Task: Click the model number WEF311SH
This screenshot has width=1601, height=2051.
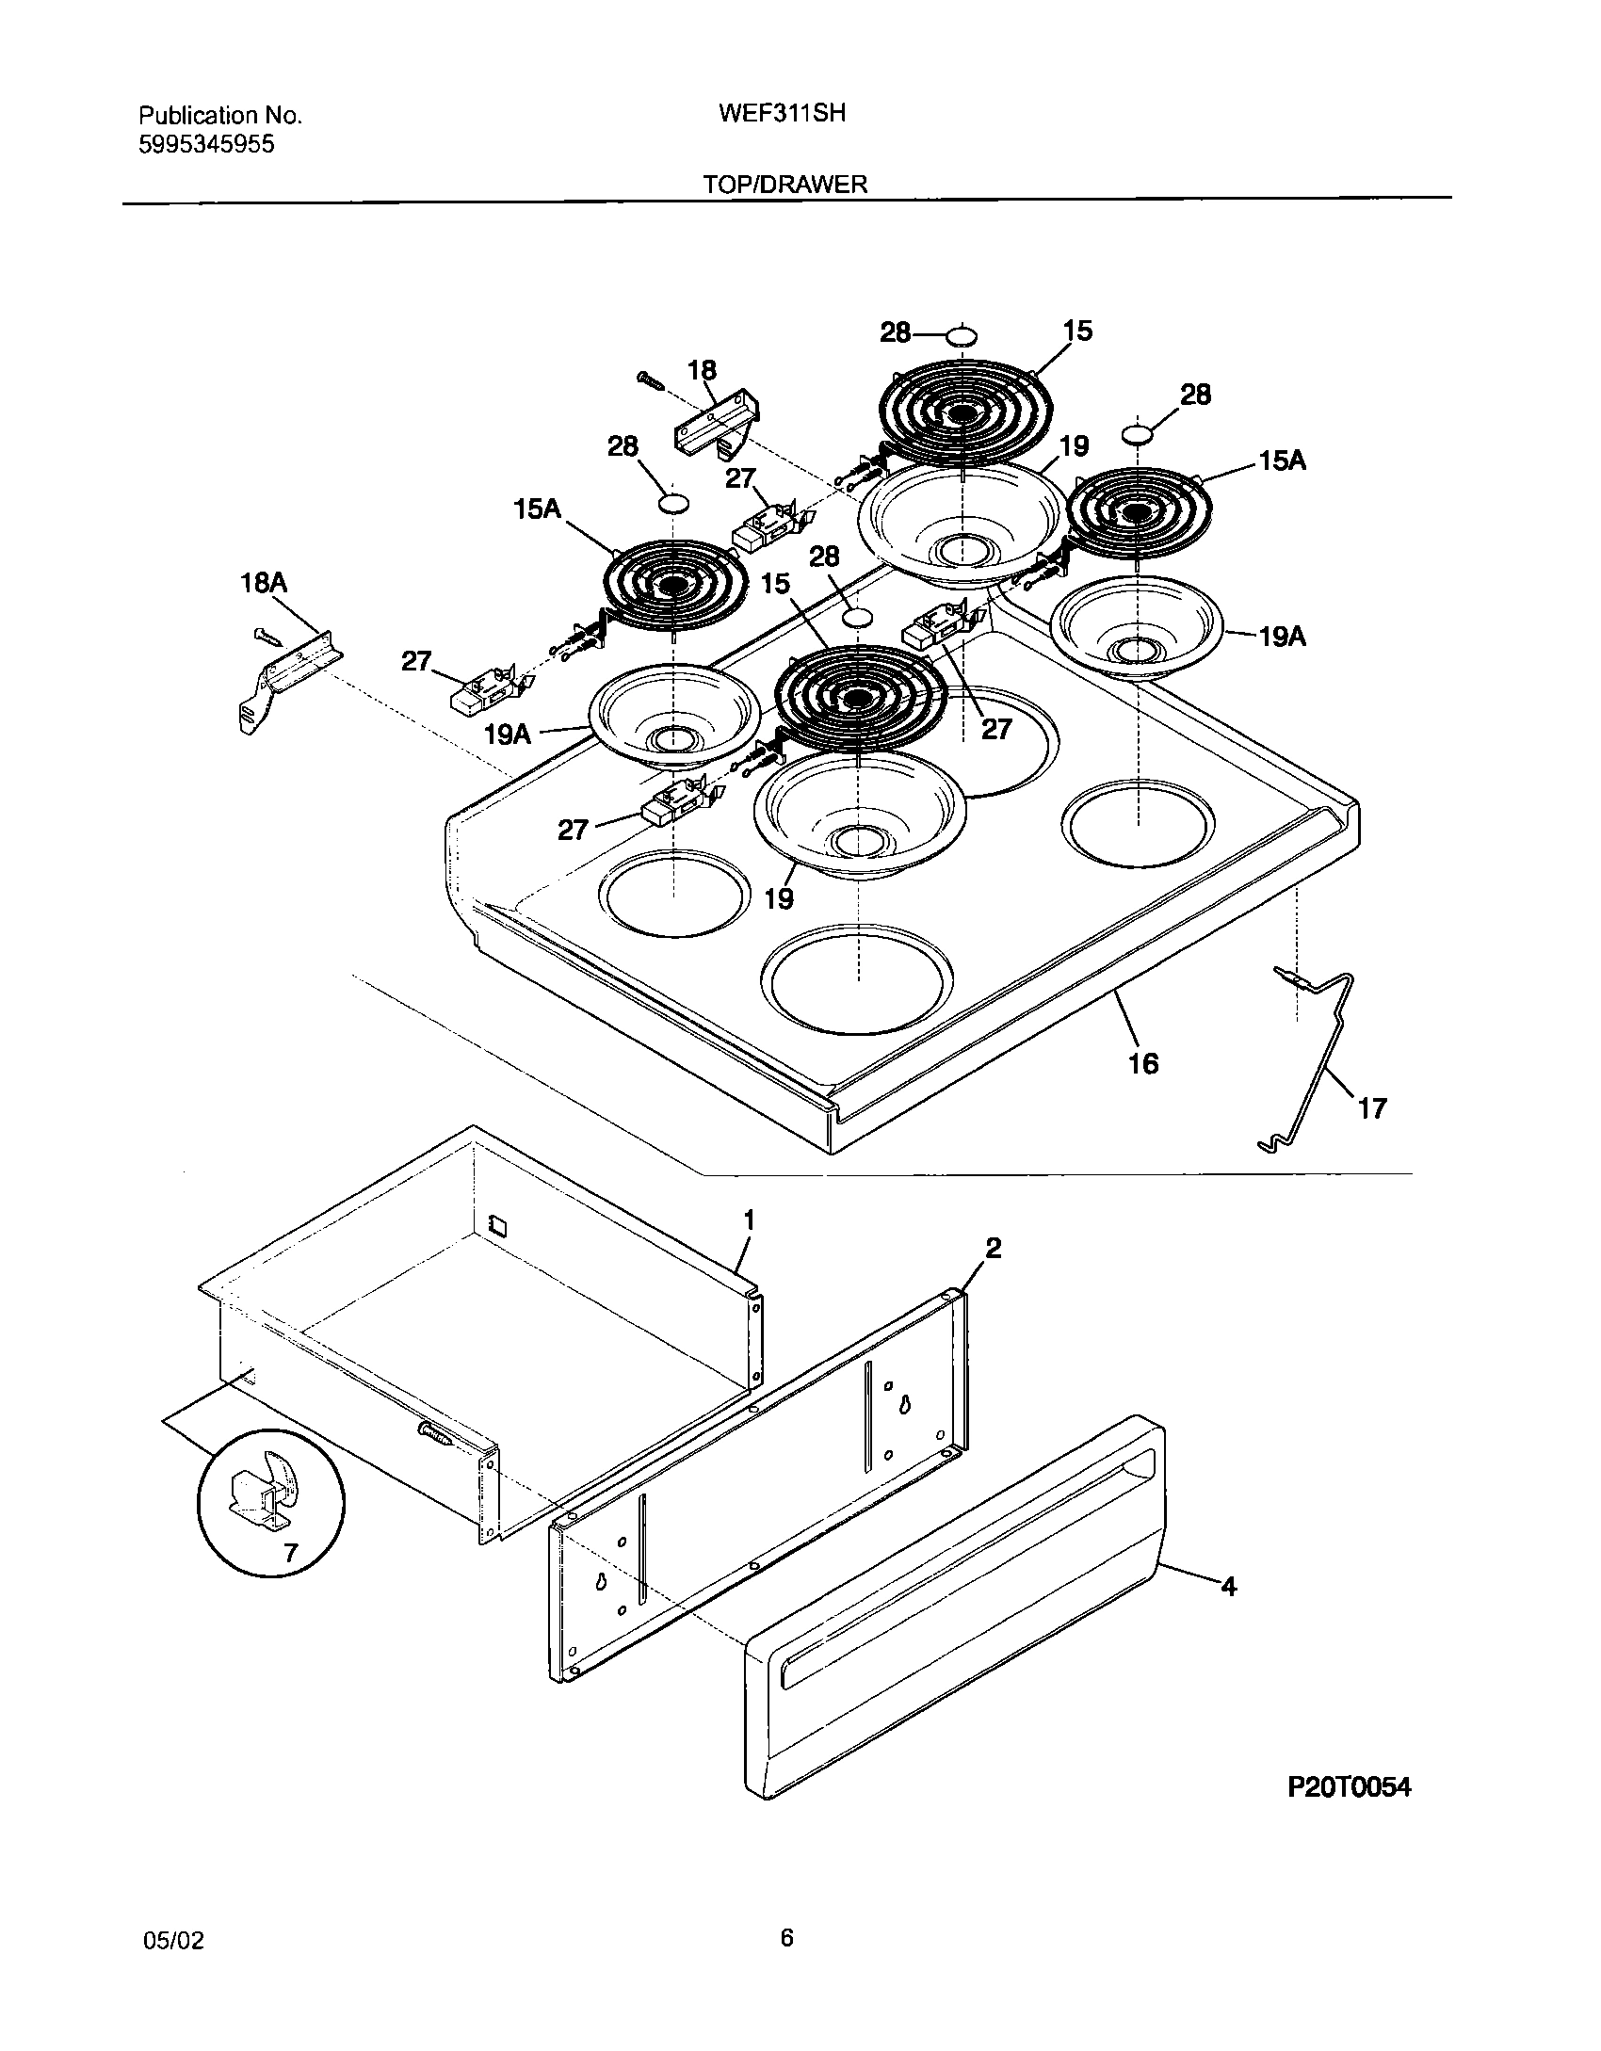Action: click(x=782, y=114)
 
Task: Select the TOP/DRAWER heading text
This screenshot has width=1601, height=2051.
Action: click(x=784, y=185)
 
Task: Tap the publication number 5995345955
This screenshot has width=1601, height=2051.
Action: click(x=206, y=144)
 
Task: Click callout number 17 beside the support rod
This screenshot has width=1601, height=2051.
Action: click(x=1372, y=1108)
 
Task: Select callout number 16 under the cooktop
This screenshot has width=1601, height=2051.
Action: click(x=1142, y=1064)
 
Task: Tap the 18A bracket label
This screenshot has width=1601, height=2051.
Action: click(x=264, y=583)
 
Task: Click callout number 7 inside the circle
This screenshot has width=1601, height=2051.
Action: click(x=290, y=1553)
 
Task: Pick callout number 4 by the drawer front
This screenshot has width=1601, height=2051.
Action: click(x=1228, y=1587)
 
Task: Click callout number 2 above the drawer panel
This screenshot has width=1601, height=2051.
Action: click(x=993, y=1248)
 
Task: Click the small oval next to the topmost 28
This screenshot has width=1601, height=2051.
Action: click(x=962, y=335)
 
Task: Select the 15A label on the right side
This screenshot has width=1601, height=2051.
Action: click(x=1282, y=461)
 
